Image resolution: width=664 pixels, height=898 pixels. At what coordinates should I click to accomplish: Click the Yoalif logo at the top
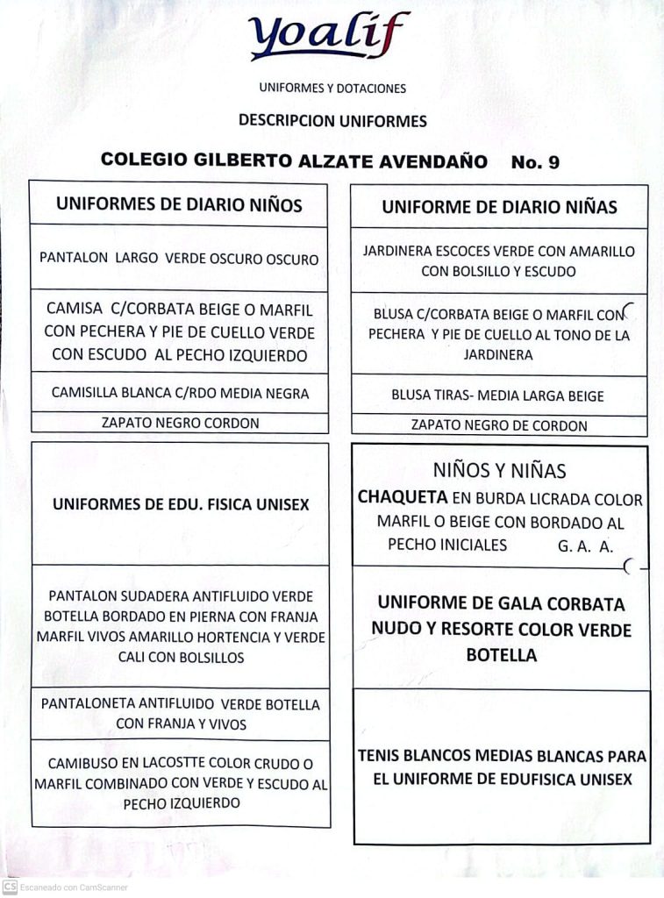coord(329,37)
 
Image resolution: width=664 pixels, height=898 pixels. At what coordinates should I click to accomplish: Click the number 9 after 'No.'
coord(553,162)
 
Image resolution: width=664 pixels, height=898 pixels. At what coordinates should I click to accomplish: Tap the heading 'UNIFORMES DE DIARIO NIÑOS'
coord(179,205)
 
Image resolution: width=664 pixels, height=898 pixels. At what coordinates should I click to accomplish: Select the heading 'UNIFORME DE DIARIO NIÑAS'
coord(499,208)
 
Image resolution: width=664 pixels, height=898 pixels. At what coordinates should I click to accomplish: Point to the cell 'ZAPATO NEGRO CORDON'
coord(180,423)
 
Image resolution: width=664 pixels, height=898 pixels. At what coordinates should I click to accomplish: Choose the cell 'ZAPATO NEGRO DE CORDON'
coord(499,425)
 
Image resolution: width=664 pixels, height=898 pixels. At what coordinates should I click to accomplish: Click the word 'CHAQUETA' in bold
coord(403,497)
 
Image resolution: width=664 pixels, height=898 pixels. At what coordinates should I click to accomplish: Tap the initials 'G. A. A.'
coord(586,545)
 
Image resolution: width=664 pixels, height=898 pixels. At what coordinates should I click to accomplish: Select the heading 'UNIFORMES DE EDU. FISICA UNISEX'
coord(181,504)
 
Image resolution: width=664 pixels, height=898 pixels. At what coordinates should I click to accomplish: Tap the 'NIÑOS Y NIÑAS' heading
coord(499,470)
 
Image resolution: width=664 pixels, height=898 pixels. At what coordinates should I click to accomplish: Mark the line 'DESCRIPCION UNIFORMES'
coord(332,121)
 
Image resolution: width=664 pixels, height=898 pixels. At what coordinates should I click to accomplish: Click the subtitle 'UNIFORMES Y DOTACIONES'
coord(332,89)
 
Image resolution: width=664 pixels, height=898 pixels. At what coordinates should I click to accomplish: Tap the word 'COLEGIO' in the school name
coord(139,160)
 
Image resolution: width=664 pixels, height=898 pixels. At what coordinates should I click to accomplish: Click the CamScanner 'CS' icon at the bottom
coord(10,887)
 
